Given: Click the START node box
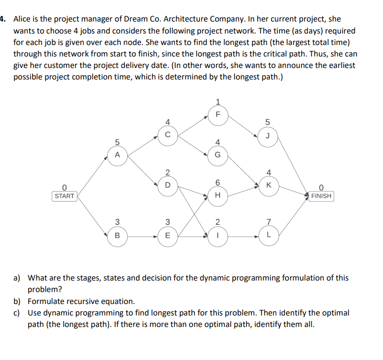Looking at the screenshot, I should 65,196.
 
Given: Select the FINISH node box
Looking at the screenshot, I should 321,196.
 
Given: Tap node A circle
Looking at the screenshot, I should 117,155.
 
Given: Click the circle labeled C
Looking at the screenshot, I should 167,135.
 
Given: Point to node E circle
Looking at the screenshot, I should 167,236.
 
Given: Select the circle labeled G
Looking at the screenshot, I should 218,155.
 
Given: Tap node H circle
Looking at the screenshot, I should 218,195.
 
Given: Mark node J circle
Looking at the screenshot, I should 269,135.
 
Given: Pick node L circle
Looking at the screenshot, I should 269,236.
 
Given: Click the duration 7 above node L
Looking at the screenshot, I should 269,221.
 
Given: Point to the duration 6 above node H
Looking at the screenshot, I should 218,182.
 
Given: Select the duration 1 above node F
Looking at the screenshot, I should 218,101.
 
